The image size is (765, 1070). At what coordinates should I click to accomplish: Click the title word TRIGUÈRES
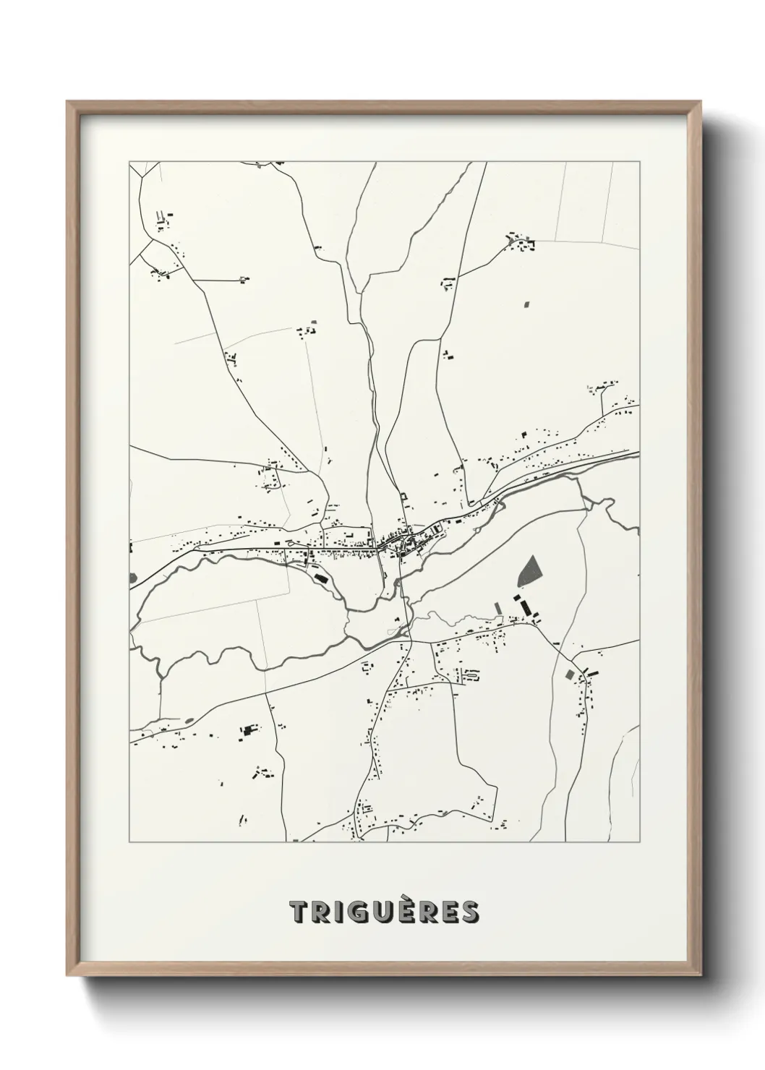[384, 912]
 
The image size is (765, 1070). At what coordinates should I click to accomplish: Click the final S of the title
[469, 912]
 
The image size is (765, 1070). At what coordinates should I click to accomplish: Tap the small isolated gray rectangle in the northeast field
[526, 305]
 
